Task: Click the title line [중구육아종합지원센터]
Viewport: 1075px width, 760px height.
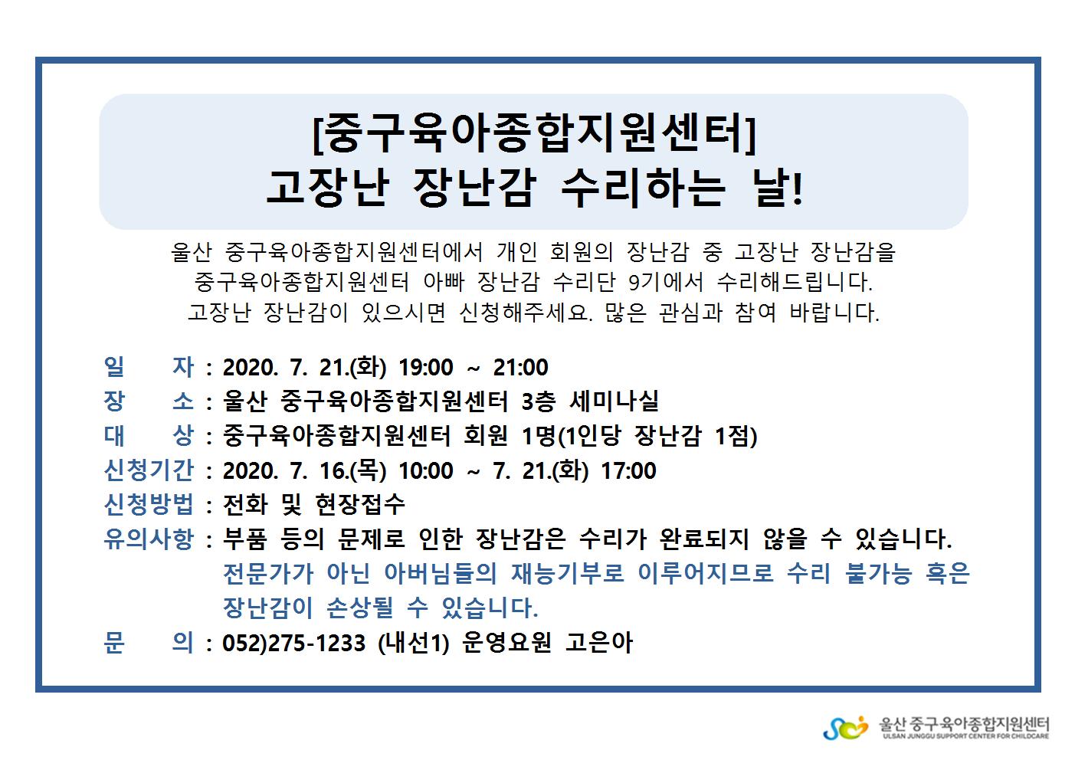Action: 533,133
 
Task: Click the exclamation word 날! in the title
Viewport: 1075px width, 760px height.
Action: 778,188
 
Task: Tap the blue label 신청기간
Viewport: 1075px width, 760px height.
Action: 149,470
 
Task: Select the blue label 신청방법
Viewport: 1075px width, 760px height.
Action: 149,504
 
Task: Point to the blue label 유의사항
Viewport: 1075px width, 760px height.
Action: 149,539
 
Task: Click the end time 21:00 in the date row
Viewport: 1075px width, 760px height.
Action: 521,368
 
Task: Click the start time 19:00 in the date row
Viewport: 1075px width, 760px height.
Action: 426,368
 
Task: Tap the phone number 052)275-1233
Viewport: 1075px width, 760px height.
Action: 293,643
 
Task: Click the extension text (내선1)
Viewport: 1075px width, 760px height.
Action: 414,643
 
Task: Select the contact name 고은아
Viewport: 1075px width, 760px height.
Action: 599,643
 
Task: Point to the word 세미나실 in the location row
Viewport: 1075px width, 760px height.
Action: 615,401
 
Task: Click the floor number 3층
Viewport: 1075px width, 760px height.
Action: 539,401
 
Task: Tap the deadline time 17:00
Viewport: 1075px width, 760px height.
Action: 629,470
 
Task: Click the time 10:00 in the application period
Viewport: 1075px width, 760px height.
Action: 426,470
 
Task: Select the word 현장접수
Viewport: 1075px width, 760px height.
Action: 360,504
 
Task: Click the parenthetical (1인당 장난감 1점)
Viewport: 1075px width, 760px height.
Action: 657,436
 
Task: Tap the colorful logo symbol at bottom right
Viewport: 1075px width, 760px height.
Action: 846,728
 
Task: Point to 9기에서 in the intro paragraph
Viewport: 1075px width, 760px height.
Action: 666,282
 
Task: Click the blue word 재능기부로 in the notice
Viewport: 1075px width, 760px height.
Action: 567,573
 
